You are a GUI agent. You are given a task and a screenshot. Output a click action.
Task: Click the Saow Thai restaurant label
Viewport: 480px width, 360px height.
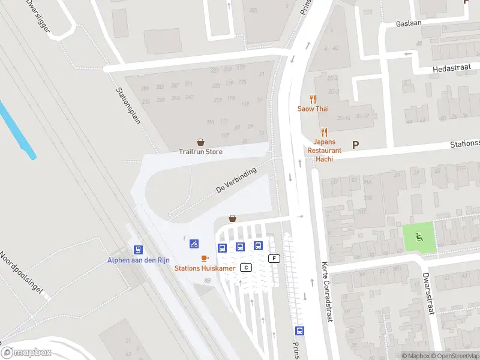click(313, 109)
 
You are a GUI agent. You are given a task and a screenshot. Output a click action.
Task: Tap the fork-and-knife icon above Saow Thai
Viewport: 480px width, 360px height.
click(313, 99)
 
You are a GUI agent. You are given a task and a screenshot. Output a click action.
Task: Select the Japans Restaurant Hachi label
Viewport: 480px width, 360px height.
click(325, 146)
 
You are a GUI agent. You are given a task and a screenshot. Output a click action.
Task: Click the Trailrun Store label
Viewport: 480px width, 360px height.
click(200, 152)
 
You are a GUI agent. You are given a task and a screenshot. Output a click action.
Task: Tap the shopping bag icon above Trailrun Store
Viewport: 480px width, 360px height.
click(200, 142)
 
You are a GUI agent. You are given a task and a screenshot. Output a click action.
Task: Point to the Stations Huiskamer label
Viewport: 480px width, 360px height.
click(205, 268)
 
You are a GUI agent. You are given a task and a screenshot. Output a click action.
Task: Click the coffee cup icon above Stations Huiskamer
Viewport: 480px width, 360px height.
click(205, 258)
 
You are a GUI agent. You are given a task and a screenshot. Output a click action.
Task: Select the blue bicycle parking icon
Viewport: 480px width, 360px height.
click(194, 244)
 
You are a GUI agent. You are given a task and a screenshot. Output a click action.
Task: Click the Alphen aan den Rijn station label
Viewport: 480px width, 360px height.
click(139, 260)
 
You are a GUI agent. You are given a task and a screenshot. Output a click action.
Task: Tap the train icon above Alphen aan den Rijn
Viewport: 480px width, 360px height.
click(139, 250)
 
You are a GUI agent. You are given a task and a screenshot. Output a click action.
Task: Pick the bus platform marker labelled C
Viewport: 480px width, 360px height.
click(245, 267)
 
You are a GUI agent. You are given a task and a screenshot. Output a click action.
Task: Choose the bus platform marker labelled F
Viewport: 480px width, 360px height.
click(275, 259)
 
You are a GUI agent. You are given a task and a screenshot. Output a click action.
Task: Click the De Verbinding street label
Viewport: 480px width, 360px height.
click(236, 180)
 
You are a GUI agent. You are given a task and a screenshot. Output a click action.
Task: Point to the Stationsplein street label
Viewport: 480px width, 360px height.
click(128, 105)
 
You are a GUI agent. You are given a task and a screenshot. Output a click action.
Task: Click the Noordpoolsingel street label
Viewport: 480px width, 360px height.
click(22, 273)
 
